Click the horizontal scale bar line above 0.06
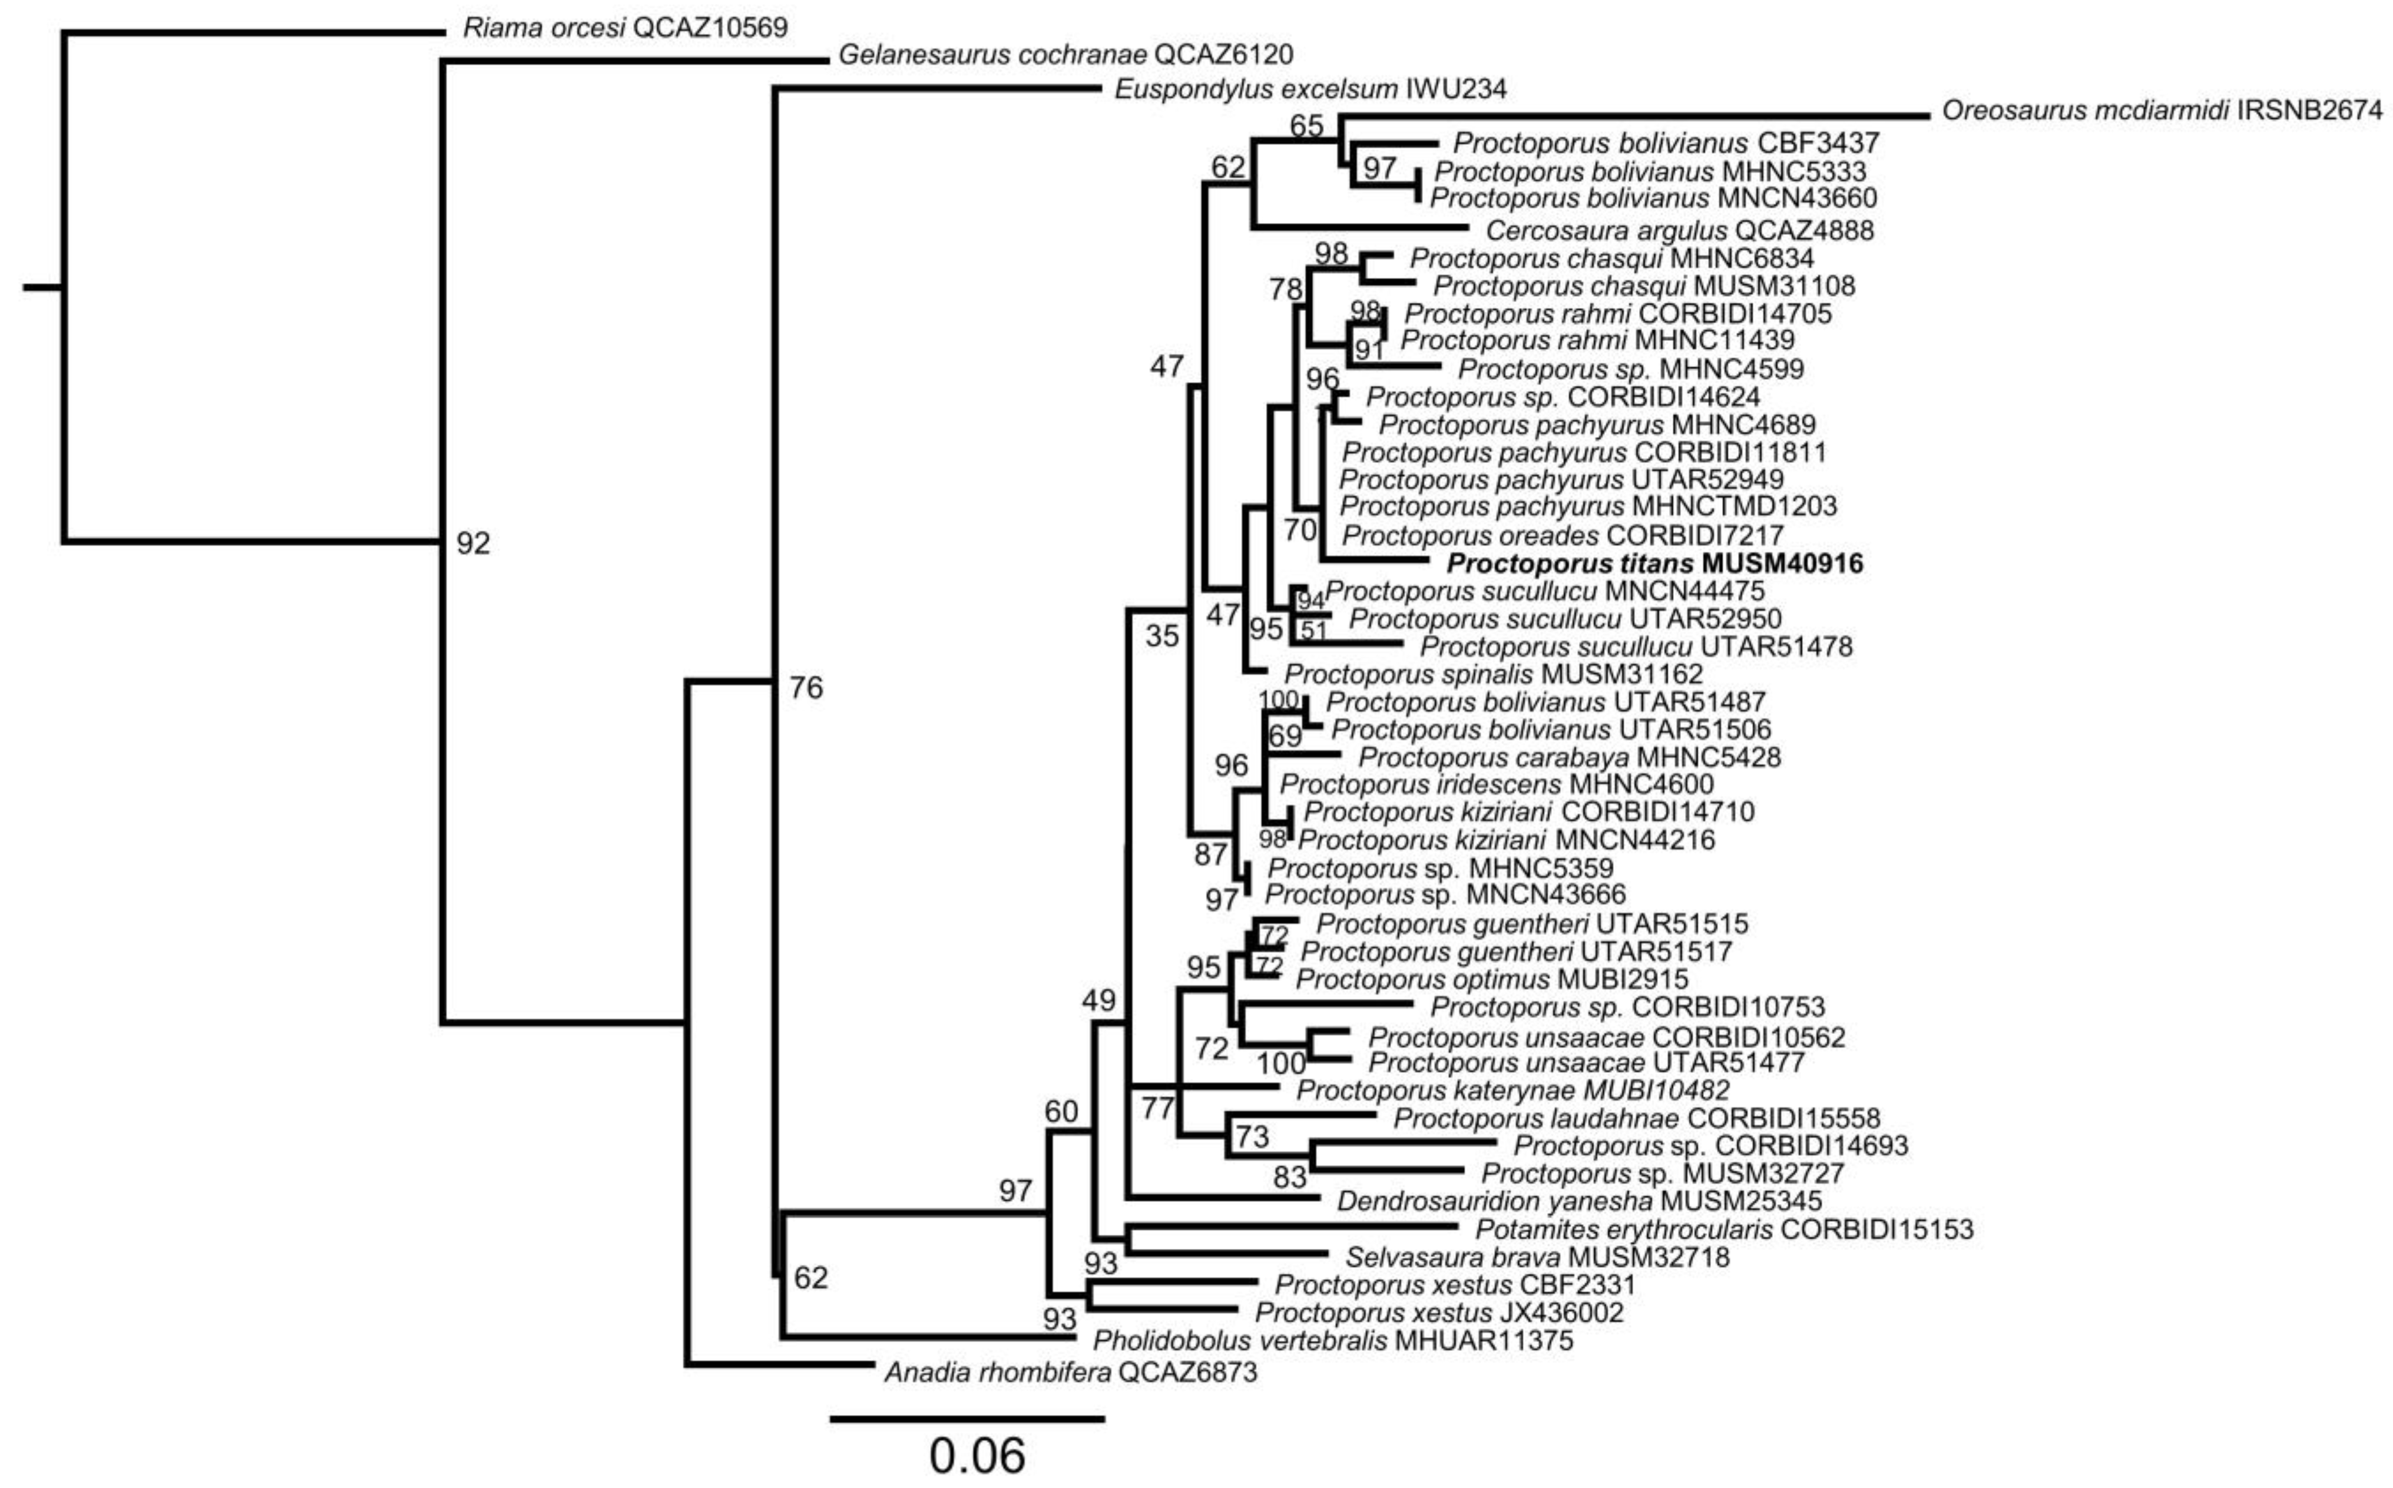pos(967,1418)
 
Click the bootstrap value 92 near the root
pos(472,543)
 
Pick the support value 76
pos(805,688)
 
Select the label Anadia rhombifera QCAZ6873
pos(1070,1372)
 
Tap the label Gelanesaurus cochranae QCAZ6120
pos(1065,54)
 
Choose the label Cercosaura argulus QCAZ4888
pos(1679,230)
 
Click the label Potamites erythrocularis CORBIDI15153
pos(1723,1229)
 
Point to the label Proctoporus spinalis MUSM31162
pos(1492,674)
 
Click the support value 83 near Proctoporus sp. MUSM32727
pos(1289,1177)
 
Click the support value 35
pos(1161,637)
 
